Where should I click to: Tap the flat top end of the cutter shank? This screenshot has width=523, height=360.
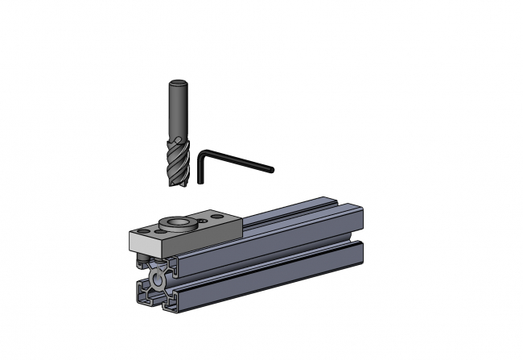[177, 82]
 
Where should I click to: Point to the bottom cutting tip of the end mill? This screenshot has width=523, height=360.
[179, 186]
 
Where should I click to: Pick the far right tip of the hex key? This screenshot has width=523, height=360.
[272, 170]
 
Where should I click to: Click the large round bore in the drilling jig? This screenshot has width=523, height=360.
[176, 222]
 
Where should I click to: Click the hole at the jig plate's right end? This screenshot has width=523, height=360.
[217, 217]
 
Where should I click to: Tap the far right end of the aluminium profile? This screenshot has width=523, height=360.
[360, 234]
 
